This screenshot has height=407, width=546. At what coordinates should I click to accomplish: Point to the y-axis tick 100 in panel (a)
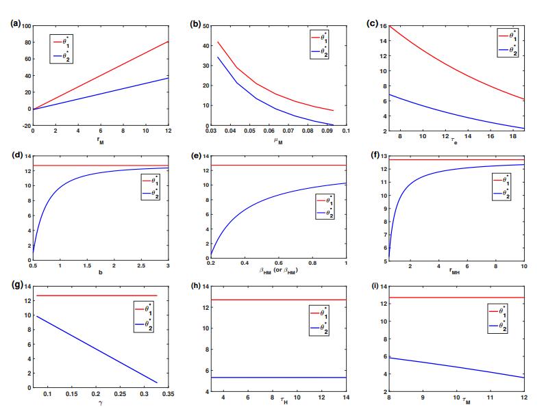(x=25, y=26)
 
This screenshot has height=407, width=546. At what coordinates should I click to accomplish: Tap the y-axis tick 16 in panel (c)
(x=383, y=26)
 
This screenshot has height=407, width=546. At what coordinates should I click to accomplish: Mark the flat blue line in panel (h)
(x=274, y=378)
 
